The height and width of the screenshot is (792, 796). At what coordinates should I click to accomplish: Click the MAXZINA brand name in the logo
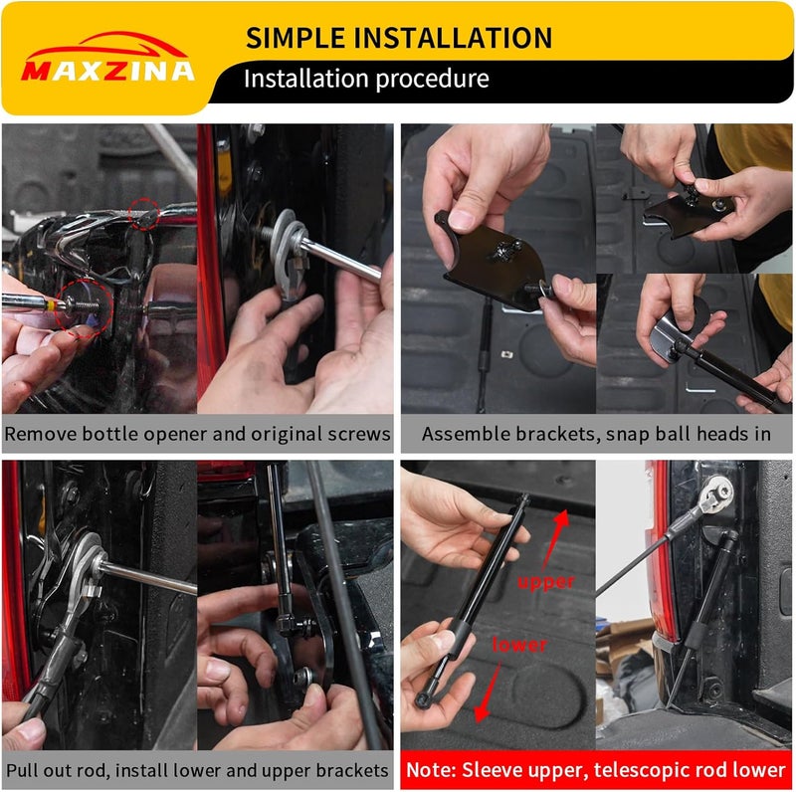(x=107, y=71)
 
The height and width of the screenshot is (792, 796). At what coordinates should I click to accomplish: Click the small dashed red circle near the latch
(x=143, y=214)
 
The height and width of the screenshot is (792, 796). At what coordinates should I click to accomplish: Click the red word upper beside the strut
(x=546, y=582)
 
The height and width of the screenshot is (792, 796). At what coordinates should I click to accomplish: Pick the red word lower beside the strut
(x=519, y=645)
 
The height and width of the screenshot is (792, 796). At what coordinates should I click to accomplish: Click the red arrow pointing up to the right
(x=555, y=539)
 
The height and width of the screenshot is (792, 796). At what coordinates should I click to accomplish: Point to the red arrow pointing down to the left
(x=487, y=691)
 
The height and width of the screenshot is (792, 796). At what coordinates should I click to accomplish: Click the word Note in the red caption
(x=430, y=770)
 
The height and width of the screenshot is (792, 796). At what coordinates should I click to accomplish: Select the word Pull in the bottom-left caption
(x=21, y=771)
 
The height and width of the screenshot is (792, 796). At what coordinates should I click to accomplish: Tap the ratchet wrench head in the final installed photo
(x=714, y=494)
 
